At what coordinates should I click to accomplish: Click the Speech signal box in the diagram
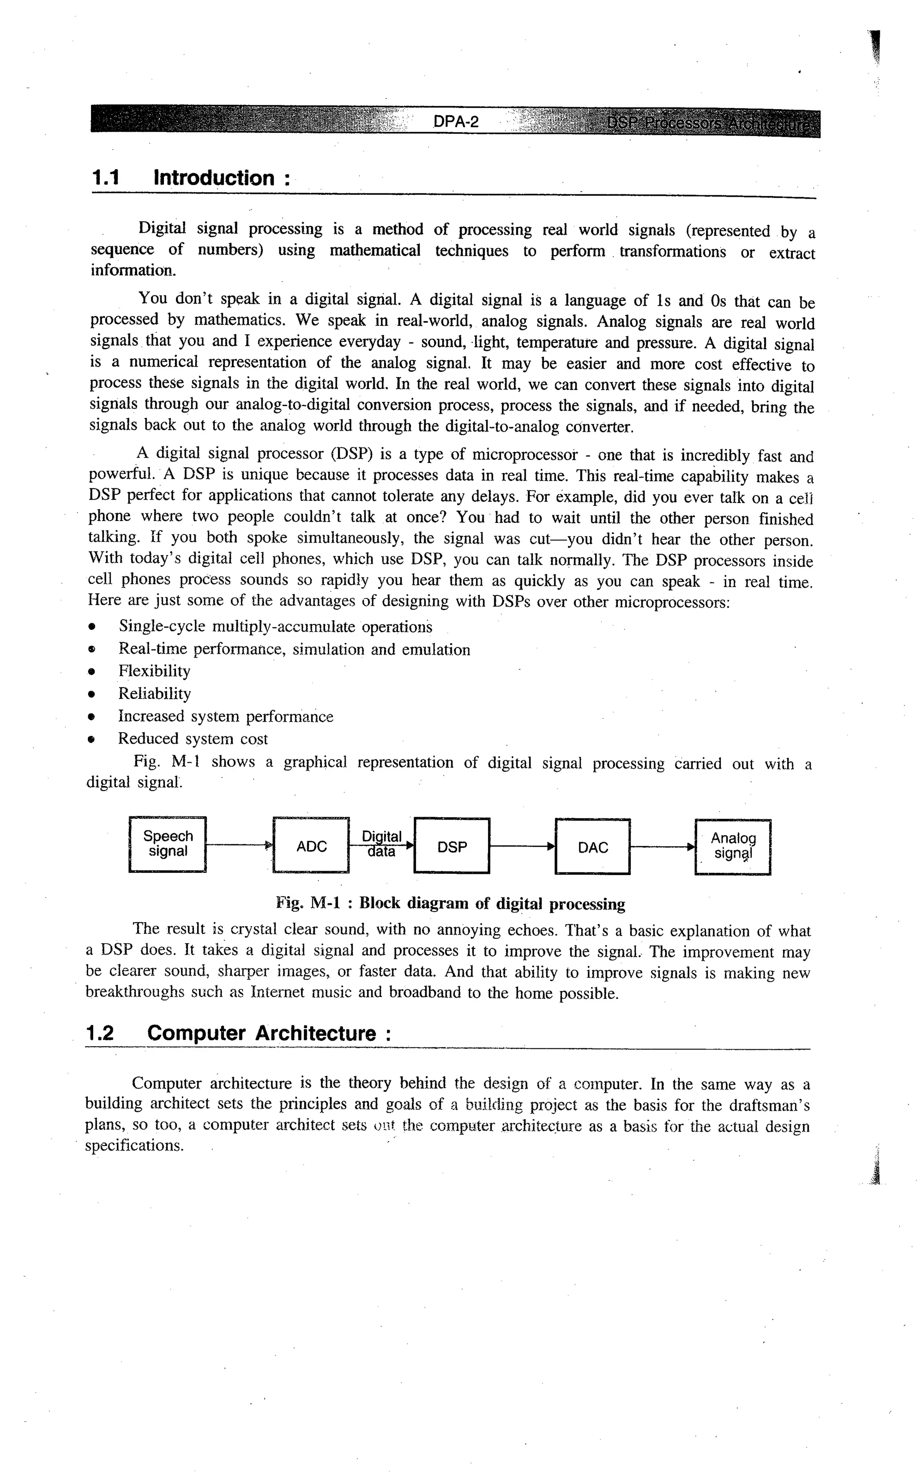pos(168,844)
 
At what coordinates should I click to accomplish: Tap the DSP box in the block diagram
pos(452,847)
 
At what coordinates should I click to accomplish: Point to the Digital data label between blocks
pos(381,844)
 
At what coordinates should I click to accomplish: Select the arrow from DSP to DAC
pos(522,847)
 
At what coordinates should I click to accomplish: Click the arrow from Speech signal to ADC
pos(239,845)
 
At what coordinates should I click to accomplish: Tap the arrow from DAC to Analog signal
pos(662,847)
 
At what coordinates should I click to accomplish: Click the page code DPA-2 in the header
pos(456,122)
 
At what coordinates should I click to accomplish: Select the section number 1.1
pos(106,178)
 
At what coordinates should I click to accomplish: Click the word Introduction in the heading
pos(214,178)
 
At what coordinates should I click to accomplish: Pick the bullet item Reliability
pos(154,693)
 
